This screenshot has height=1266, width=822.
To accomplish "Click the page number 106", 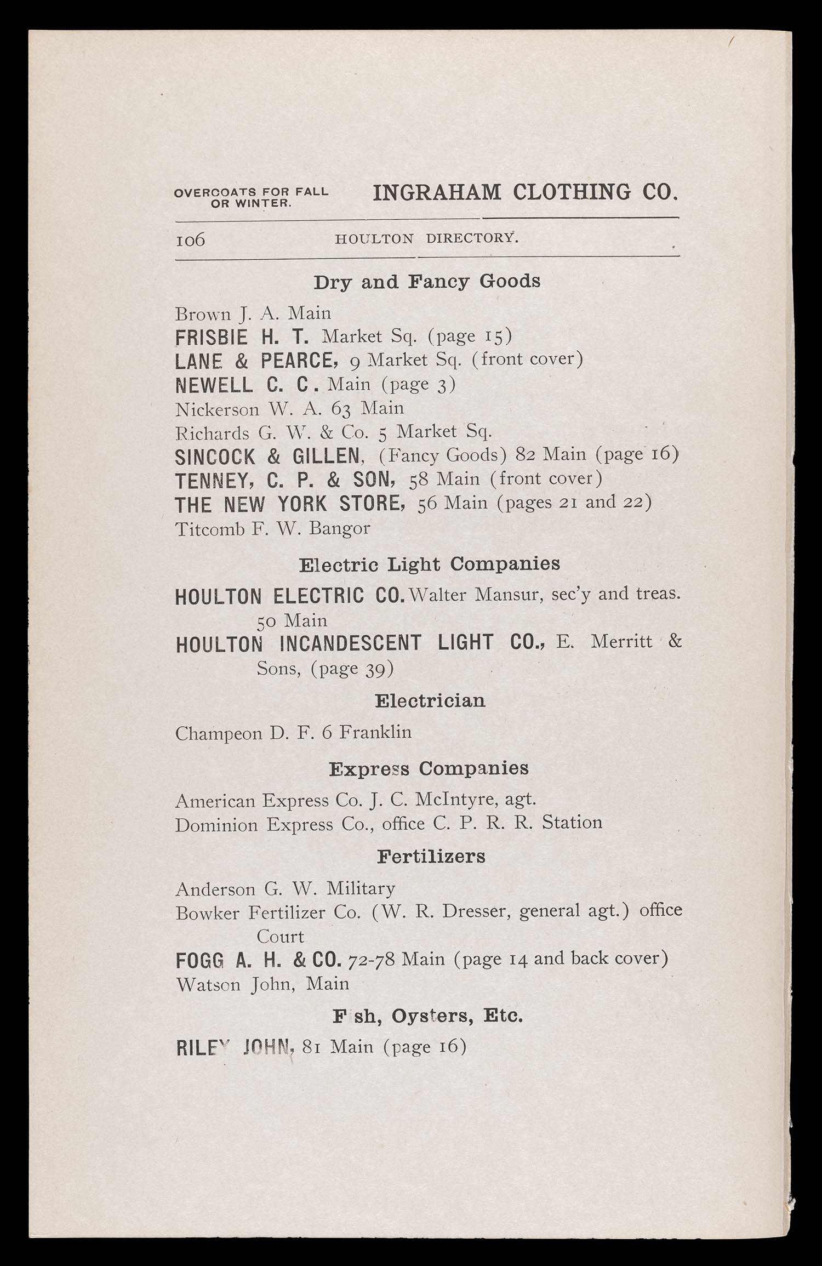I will click(190, 239).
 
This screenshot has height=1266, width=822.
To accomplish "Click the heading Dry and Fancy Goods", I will click(427, 282).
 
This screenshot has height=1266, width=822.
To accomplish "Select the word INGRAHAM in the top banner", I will click(437, 193).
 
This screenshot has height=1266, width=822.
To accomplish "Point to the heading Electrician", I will click(430, 701).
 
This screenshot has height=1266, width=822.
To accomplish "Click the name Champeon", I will click(218, 733).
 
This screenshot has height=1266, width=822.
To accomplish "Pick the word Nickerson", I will click(217, 408).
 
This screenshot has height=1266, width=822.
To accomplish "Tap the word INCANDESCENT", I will click(350, 643).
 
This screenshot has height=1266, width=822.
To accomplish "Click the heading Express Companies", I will click(429, 768).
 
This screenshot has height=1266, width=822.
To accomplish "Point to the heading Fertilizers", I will click(431, 857).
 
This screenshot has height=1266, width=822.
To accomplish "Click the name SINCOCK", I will click(215, 457).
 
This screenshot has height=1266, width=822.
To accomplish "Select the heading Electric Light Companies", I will click(430, 564).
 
